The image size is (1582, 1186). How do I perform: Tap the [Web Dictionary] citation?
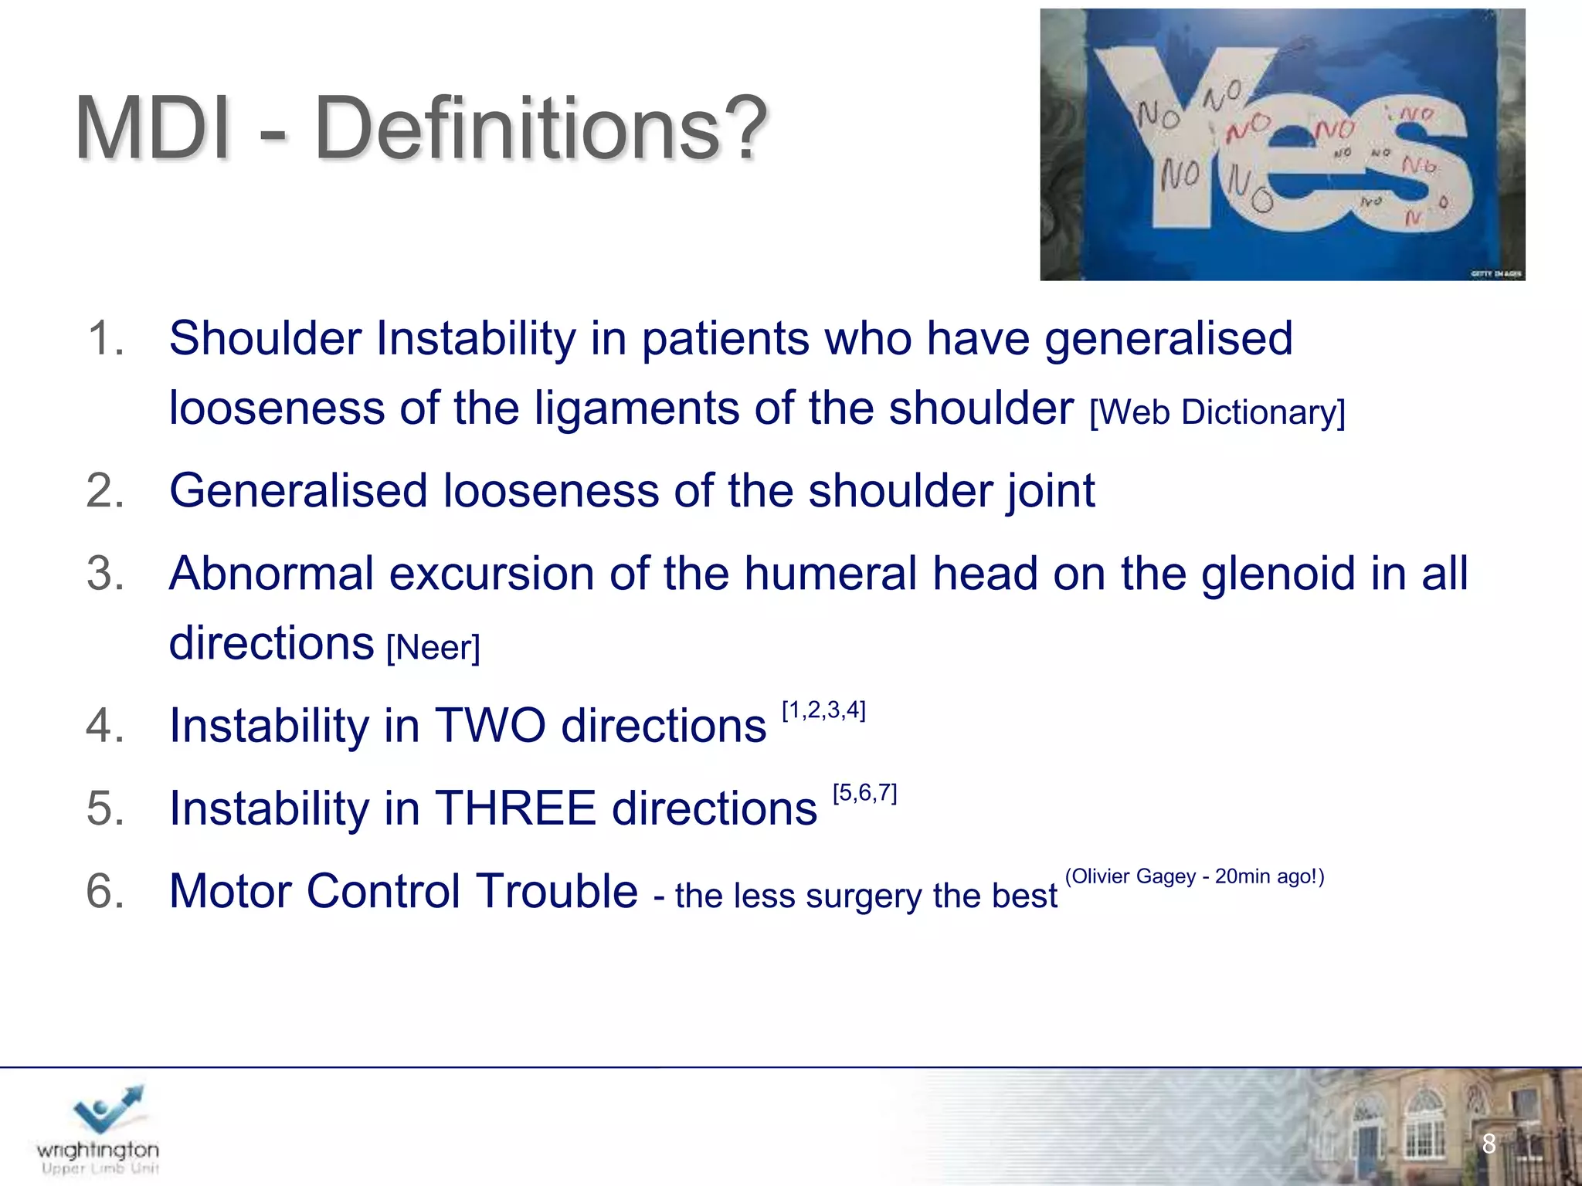click(x=1217, y=412)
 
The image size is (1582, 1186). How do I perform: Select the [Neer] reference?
click(x=433, y=647)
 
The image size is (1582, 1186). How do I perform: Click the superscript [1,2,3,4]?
click(x=823, y=710)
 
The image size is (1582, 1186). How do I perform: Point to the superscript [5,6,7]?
click(x=864, y=792)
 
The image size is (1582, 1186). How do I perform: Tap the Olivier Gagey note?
click(x=1194, y=876)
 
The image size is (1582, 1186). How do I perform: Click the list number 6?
click(x=104, y=891)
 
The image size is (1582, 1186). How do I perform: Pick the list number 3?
click(x=104, y=574)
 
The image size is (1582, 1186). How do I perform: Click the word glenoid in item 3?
click(x=1277, y=574)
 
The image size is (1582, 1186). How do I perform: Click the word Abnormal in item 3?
click(x=271, y=574)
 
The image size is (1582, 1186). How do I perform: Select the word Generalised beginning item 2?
click(x=298, y=491)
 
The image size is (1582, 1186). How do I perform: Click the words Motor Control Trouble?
click(x=403, y=891)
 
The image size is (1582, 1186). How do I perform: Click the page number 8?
click(x=1489, y=1144)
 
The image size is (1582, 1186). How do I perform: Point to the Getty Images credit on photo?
click(x=1495, y=273)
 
